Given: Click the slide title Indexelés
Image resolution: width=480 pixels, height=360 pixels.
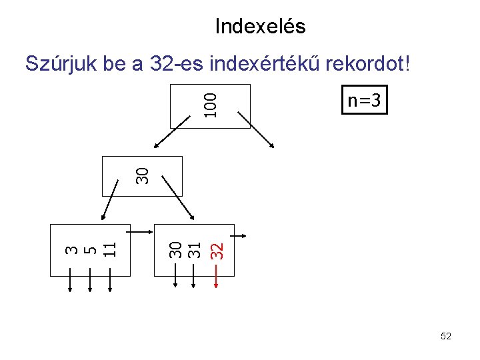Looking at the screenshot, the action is (x=260, y=26).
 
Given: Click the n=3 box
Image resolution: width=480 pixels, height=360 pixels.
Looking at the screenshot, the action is (x=363, y=101).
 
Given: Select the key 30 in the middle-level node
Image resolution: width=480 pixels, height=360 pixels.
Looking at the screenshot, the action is (x=141, y=175).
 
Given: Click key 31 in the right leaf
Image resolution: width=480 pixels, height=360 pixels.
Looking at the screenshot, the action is (x=194, y=250).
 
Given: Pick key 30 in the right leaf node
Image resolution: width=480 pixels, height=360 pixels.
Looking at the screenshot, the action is (x=175, y=250).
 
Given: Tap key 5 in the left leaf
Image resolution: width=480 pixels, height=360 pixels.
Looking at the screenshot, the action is (x=91, y=249).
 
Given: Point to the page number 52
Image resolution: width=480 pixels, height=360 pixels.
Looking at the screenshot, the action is (x=446, y=337).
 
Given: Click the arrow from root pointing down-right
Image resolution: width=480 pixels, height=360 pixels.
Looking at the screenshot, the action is (x=261, y=133).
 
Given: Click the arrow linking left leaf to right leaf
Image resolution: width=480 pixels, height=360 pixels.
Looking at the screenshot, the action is (x=141, y=231).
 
